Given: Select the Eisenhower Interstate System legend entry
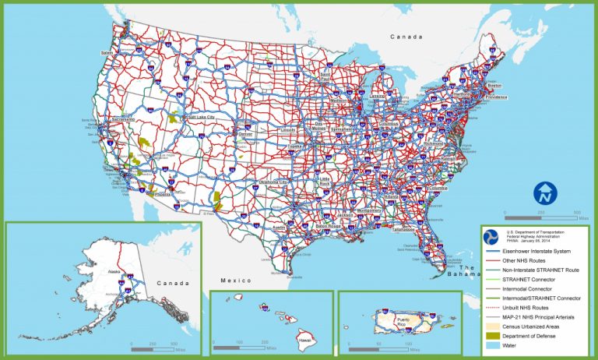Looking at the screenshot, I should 538,251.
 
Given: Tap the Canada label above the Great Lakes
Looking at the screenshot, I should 405,37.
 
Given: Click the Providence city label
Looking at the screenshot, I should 496,97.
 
